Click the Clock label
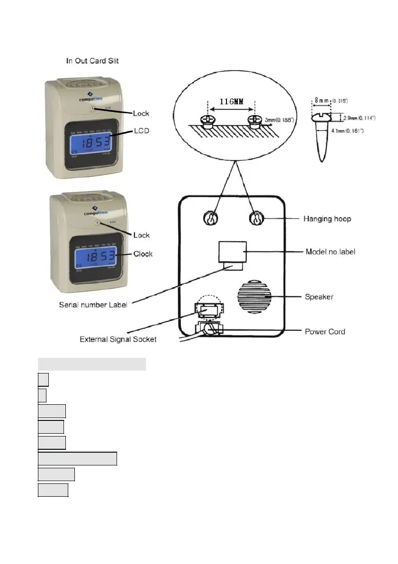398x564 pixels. click(x=143, y=254)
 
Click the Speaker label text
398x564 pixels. click(x=318, y=297)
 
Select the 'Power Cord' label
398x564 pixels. click(x=325, y=331)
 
